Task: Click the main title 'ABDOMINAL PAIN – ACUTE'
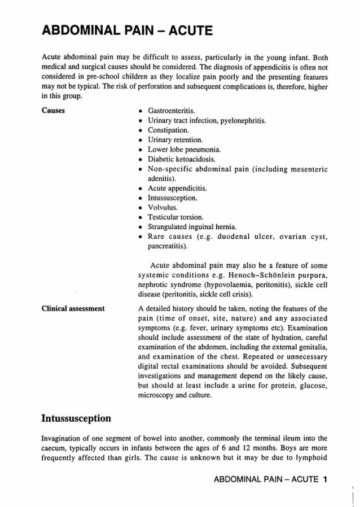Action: (x=128, y=30)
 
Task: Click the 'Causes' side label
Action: (x=54, y=110)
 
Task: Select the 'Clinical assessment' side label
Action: (x=73, y=308)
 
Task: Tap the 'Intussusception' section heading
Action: (x=77, y=418)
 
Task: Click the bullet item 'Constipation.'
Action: (x=168, y=130)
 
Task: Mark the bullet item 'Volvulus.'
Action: (x=163, y=207)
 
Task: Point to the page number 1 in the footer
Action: (x=326, y=480)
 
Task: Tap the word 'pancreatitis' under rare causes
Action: (x=168, y=246)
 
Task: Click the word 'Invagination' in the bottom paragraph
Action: (x=64, y=438)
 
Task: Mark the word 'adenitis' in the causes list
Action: (x=161, y=178)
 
